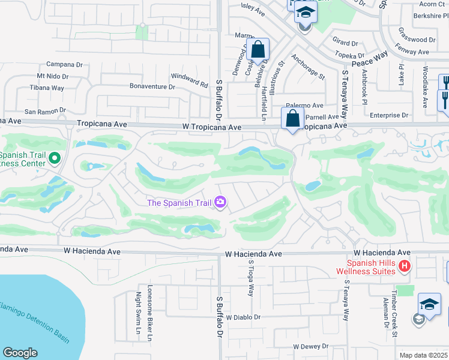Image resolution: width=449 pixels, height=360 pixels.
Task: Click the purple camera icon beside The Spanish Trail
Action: tap(220, 203)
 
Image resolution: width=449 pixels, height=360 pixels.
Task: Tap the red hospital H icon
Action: tap(405, 266)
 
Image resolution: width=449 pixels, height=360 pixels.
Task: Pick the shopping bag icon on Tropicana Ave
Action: tap(292, 119)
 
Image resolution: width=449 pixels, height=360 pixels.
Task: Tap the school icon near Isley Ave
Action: tap(306, 13)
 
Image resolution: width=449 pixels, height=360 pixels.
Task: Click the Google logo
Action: tap(20, 353)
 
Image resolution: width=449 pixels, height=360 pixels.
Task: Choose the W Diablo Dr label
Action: tap(243, 317)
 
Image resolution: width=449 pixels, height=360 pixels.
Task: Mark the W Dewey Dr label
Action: tap(311, 346)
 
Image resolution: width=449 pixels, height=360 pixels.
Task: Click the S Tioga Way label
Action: tap(252, 281)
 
